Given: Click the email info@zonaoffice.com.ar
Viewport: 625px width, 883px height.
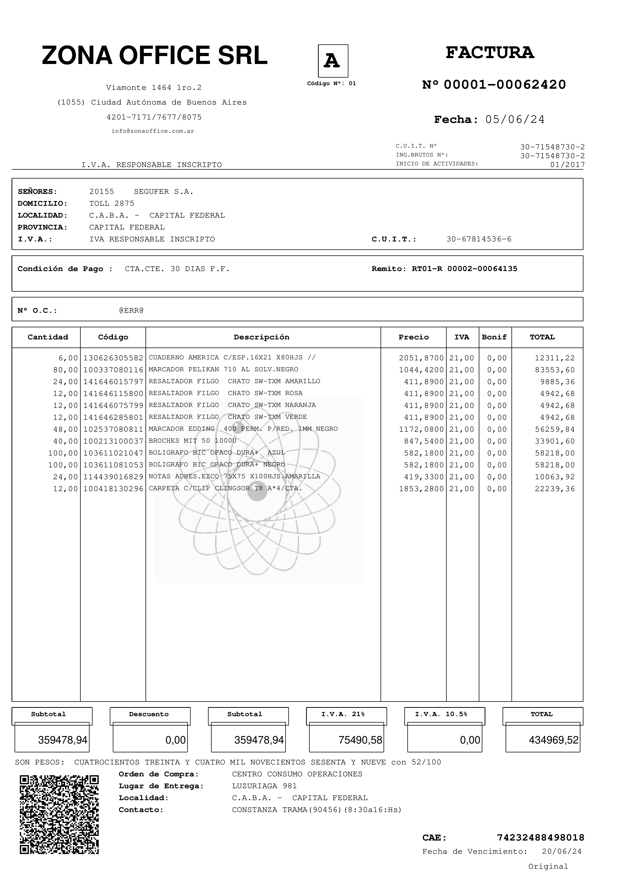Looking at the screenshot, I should (x=153, y=131).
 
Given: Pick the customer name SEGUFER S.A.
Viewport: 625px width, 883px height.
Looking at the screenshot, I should (x=164, y=192).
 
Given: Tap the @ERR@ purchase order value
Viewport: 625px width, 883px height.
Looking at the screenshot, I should (x=131, y=310).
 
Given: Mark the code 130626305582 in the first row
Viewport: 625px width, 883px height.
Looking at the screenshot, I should (x=113, y=358).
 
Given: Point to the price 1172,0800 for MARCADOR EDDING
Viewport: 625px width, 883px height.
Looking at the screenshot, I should (x=421, y=429).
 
